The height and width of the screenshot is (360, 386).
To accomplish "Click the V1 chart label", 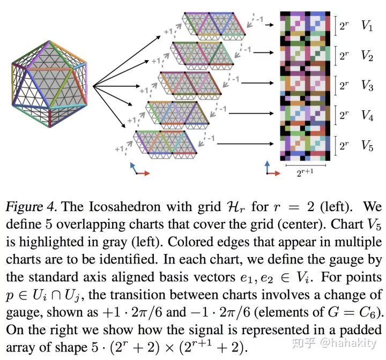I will (x=367, y=26).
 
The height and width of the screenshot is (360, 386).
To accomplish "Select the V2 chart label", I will (x=367, y=55).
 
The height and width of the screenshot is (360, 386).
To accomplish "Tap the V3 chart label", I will (x=367, y=85).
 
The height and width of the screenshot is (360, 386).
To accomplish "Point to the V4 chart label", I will (x=367, y=115).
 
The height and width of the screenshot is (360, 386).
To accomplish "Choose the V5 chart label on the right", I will (x=367, y=145).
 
